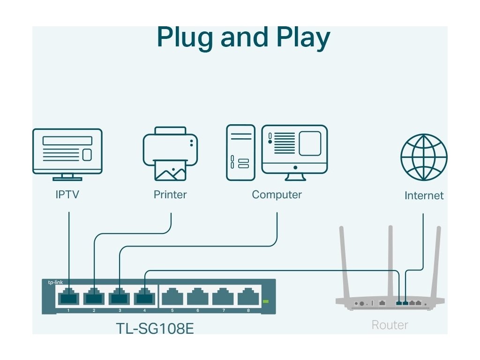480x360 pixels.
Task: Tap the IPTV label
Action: coord(67,195)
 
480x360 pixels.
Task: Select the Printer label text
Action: coord(170,195)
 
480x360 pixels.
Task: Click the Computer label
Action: coord(277,195)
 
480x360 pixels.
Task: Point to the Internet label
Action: coord(424,195)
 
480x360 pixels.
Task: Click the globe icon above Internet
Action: coord(424,157)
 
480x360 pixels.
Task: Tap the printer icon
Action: coord(170,154)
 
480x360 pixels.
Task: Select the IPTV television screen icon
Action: coord(67,154)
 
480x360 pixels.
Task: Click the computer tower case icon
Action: coord(240,152)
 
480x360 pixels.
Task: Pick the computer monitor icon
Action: coord(294,152)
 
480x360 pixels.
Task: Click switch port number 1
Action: coord(68,296)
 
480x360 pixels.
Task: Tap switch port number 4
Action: coord(144,296)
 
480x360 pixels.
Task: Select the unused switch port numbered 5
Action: coord(172,296)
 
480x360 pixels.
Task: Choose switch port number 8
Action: coord(248,296)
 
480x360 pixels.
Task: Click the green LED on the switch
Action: coord(266,301)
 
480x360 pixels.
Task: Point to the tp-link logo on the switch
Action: coord(55,282)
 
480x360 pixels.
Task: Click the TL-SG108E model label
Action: coord(155,329)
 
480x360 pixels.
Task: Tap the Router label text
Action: coord(390,325)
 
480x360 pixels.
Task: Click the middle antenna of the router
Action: coord(390,262)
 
